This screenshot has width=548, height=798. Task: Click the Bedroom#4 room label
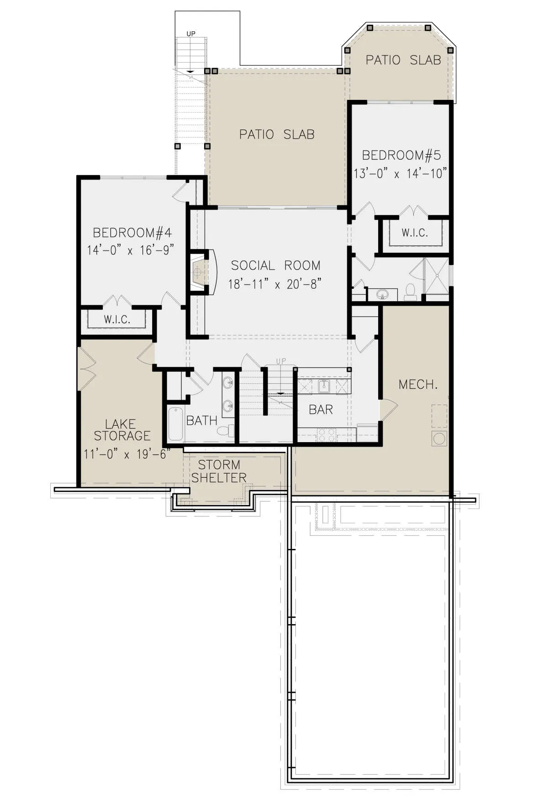132,233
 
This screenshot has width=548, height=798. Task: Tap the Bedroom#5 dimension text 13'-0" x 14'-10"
400,174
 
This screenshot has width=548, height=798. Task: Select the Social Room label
275,266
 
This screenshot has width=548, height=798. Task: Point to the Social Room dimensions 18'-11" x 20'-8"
274,284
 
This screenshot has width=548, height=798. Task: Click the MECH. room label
418,385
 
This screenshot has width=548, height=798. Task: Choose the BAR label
321,410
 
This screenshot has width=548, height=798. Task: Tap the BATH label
201,420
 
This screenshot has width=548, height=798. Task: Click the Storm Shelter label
219,471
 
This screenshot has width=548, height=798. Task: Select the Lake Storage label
122,430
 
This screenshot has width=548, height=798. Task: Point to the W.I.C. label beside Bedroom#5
415,233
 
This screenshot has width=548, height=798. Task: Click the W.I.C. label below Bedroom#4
117,319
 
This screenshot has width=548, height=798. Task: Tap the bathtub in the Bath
175,424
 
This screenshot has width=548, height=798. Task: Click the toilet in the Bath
226,430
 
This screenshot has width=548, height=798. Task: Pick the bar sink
324,386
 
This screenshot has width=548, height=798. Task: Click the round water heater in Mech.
439,438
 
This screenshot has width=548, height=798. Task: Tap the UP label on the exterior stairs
191,34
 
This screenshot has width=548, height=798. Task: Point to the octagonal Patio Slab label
403,60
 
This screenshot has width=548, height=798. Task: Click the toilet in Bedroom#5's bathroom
411,292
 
